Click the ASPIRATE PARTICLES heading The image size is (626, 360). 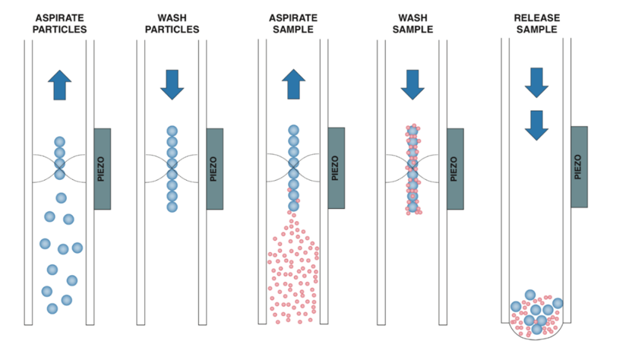pyautogui.click(x=59, y=23)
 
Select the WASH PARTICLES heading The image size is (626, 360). pyautogui.click(x=172, y=23)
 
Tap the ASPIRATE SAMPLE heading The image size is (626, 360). pyautogui.click(x=294, y=23)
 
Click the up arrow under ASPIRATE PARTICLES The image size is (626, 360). pyautogui.click(x=59, y=84)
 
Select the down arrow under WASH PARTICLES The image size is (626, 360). pyautogui.click(x=172, y=84)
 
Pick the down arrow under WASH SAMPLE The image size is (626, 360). pyautogui.click(x=413, y=84)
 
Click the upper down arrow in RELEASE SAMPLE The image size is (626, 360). pyautogui.click(x=536, y=82)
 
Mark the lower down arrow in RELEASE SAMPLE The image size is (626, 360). pyautogui.click(x=536, y=125)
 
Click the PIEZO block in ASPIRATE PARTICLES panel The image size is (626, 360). pyautogui.click(x=102, y=169)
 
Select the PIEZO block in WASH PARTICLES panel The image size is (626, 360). pyautogui.click(x=214, y=169)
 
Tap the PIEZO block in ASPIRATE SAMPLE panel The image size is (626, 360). pyautogui.click(x=336, y=169)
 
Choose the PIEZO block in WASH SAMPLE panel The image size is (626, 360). pyautogui.click(x=455, y=169)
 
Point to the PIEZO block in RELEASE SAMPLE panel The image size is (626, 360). pyautogui.click(x=579, y=166)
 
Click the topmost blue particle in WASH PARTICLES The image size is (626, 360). pyautogui.click(x=172, y=131)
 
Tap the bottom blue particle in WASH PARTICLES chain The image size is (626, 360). pyautogui.click(x=172, y=207)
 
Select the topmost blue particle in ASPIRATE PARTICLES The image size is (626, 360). pyautogui.click(x=59, y=142)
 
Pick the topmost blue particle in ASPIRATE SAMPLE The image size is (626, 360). pyautogui.click(x=294, y=131)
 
